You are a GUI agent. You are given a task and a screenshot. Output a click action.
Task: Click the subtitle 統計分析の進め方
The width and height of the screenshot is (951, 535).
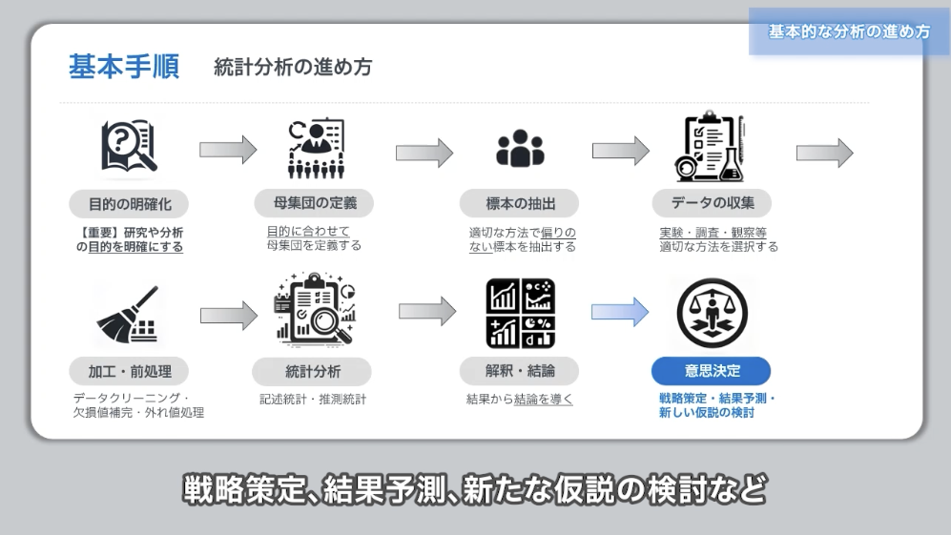coord(293,67)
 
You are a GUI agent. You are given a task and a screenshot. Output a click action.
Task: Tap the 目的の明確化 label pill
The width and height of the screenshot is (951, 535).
coord(129,203)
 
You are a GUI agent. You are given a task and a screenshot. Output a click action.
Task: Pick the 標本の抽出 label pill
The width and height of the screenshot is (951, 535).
coord(520,203)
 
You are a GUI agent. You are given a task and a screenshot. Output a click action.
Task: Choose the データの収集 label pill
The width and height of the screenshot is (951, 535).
coord(712,203)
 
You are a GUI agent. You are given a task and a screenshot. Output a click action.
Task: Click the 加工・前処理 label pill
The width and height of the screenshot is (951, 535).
coord(128,371)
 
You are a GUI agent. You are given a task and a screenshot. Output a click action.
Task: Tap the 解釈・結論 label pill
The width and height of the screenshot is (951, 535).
coord(520,371)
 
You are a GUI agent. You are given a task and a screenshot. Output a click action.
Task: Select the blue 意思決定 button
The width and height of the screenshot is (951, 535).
coord(711,371)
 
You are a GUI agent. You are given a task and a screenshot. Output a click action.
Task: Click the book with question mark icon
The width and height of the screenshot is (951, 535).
coord(129,148)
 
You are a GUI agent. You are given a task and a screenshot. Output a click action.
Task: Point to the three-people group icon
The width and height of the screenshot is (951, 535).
coord(520,150)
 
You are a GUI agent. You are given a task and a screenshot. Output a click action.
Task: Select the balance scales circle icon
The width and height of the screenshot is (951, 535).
coord(712,314)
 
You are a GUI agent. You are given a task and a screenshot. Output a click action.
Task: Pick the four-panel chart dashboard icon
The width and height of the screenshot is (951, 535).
coord(520,313)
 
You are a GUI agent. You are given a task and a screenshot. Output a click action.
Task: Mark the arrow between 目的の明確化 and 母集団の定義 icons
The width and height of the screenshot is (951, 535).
coord(228,149)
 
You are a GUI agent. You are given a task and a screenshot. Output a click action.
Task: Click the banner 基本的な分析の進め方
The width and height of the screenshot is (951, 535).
coord(849,31)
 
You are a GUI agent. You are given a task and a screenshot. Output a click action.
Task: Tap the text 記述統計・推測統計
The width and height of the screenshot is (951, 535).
coord(313,400)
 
